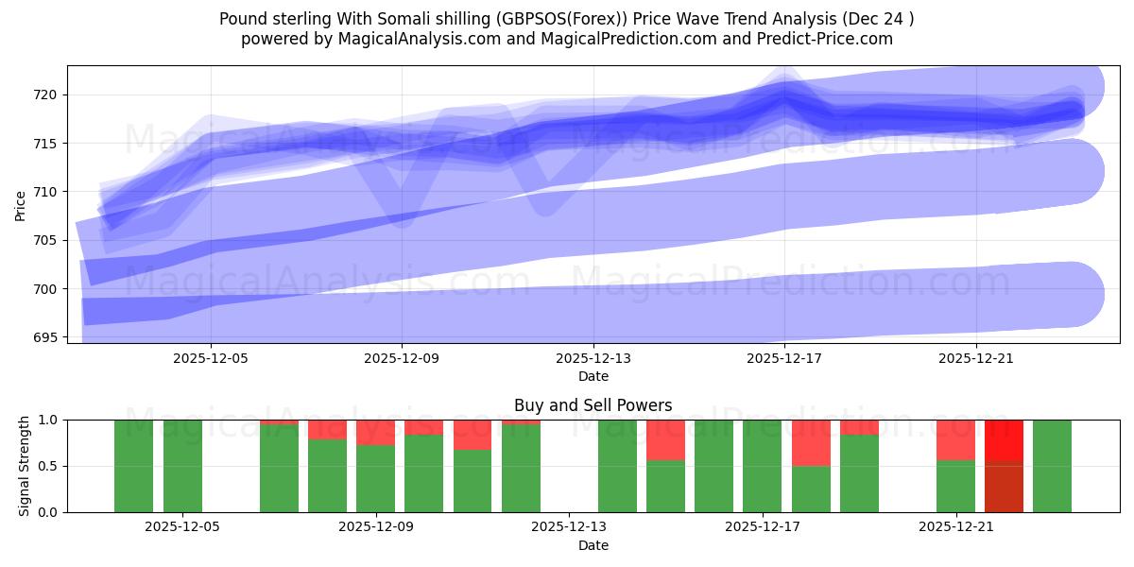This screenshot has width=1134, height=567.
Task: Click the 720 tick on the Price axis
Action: (48, 94)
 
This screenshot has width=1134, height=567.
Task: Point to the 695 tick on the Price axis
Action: (48, 337)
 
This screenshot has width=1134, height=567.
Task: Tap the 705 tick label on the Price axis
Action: (48, 240)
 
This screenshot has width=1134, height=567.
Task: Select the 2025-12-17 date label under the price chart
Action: (784, 358)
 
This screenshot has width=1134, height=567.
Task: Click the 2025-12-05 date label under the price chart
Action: (211, 358)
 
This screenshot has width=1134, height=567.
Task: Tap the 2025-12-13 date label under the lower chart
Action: (570, 527)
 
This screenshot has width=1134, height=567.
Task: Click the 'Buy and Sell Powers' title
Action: (593, 405)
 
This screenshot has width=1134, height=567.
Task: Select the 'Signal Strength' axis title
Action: (25, 466)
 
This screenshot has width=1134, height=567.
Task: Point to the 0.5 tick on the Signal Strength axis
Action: (48, 466)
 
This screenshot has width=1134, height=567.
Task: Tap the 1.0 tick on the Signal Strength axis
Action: (48, 420)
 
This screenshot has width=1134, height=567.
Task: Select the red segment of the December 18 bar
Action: (811, 442)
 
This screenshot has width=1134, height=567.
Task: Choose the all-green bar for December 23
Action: (1052, 466)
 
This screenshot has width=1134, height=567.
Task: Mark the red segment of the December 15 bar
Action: (665, 439)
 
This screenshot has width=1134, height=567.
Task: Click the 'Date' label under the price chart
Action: (593, 376)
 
